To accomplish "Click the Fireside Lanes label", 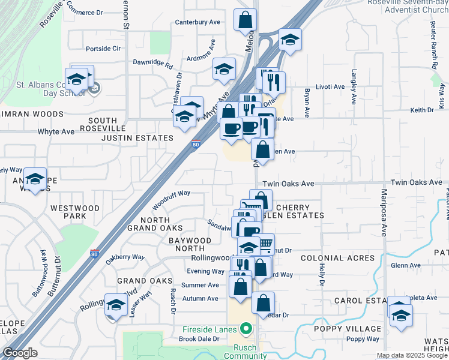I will [210, 329].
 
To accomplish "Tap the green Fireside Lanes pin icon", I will [245, 329].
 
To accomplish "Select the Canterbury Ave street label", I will [197, 22].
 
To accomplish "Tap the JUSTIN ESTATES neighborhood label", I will [137, 137].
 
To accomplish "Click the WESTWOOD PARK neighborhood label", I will [75, 212].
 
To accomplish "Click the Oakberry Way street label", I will [125, 257].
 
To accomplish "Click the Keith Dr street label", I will [421, 110].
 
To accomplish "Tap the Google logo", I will [19, 353].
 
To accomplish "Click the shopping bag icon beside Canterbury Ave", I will [245, 20].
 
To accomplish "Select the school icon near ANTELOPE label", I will [35, 179].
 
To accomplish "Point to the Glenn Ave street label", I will [401, 265].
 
